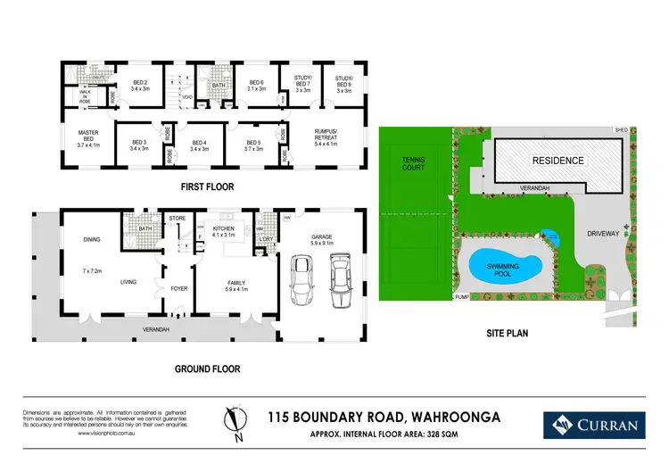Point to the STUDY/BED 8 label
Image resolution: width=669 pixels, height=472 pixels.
[x=343, y=85]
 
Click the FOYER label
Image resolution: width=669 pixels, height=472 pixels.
[x=179, y=288]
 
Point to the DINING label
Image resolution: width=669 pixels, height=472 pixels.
[x=90, y=239]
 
